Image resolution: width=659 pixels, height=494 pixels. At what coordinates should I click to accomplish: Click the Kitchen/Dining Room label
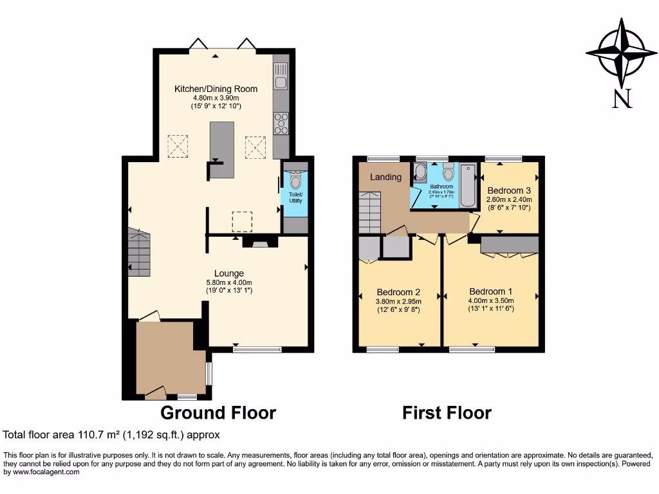(216, 89)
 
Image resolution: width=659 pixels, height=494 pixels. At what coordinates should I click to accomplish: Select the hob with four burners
(281, 123)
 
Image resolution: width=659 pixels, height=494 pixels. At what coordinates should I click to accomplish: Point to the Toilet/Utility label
(295, 197)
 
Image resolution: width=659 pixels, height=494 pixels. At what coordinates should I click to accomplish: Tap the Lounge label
(228, 273)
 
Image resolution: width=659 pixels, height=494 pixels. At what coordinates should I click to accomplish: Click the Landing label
(385, 177)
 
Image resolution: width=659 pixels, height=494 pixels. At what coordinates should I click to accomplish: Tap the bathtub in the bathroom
(467, 185)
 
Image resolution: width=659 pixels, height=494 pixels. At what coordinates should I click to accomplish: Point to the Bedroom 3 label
(509, 190)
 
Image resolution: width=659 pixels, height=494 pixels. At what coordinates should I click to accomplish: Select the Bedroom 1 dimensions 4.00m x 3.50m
(491, 300)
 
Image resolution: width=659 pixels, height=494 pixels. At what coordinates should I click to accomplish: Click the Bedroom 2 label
(398, 291)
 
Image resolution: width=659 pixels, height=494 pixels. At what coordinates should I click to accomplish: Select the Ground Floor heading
(218, 412)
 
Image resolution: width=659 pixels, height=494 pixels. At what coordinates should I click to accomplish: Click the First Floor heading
(447, 412)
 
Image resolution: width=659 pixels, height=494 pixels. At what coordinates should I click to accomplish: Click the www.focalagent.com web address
(42, 471)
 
